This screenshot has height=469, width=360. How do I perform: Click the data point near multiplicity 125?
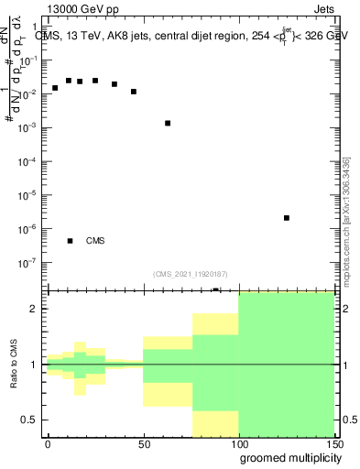(287, 218)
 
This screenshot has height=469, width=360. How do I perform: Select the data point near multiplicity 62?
(168, 123)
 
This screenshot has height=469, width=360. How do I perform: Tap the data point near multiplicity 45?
(134, 92)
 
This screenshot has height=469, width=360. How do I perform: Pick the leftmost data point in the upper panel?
(55, 88)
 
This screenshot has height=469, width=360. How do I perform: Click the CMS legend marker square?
(70, 241)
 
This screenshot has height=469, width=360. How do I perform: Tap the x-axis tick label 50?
(143, 444)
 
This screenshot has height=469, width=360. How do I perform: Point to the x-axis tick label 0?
(48, 444)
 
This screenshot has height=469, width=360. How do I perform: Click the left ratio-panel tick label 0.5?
(30, 420)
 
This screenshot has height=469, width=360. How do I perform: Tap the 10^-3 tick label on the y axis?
(30, 127)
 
